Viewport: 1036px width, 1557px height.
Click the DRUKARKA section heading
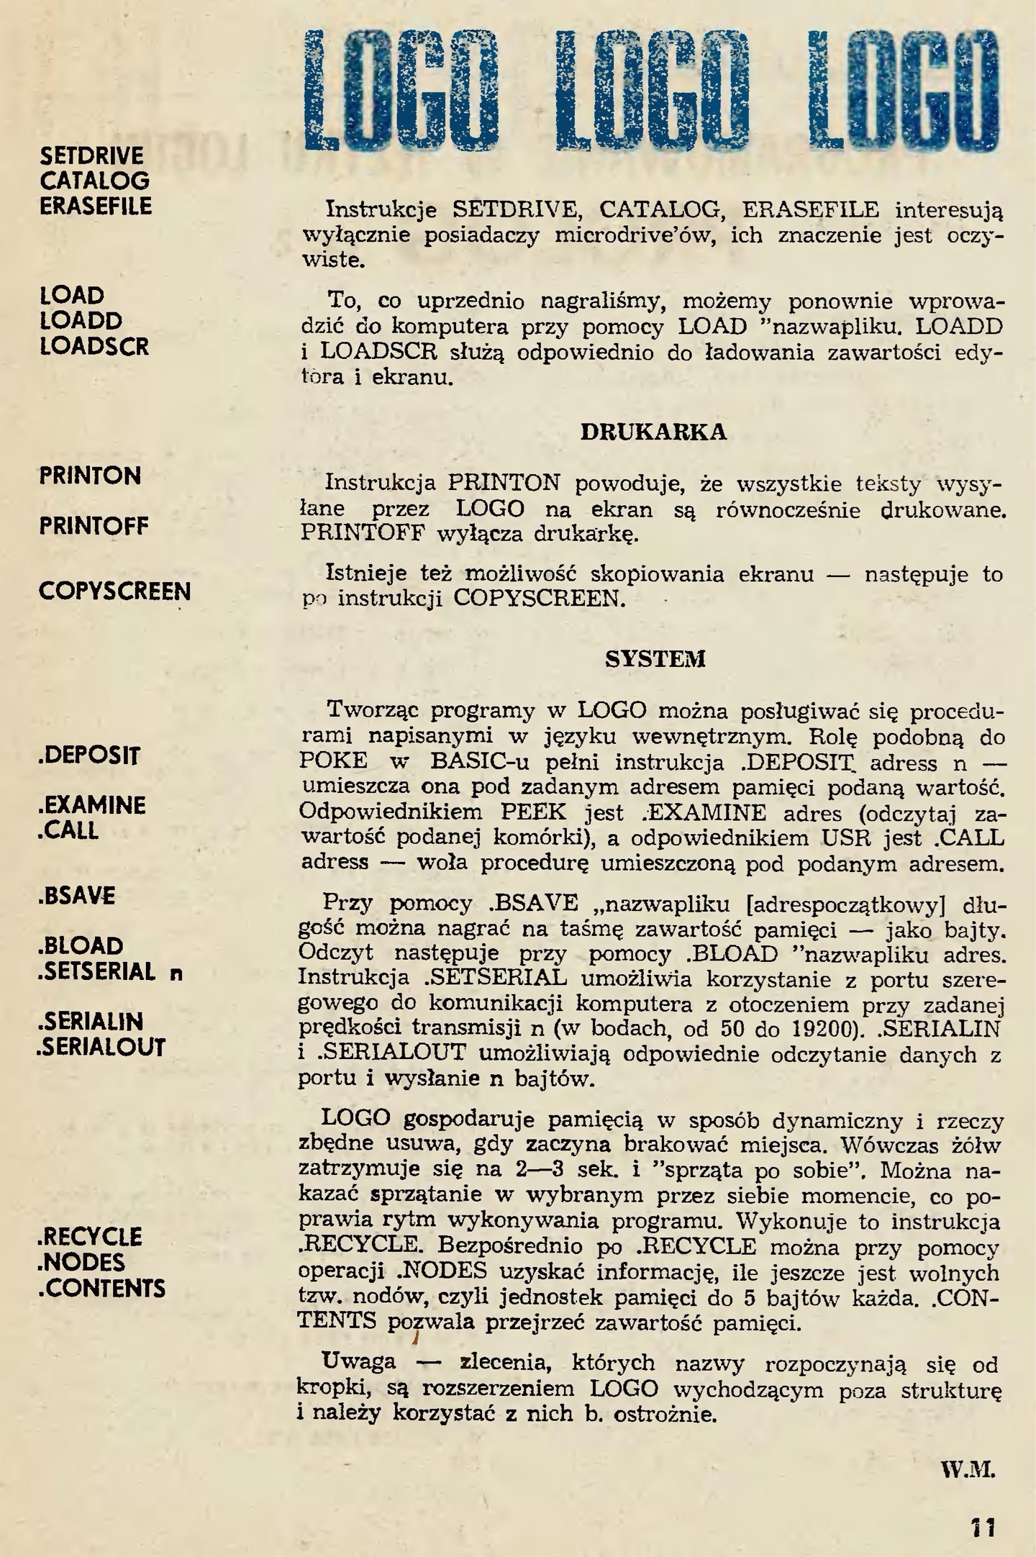point(653,432)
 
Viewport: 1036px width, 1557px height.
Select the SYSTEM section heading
point(655,659)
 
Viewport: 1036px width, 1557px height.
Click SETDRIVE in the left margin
point(91,156)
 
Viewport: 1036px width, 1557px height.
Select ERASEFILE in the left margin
point(96,206)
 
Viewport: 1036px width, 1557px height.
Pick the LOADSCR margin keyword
point(94,346)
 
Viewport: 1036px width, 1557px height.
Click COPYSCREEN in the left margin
point(114,591)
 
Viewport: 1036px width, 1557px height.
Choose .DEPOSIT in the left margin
point(89,755)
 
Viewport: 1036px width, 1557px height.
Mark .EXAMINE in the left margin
point(91,805)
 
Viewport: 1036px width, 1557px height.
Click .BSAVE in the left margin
point(76,896)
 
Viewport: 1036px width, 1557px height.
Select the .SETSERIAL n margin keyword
point(109,972)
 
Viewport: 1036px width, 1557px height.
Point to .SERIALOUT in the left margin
point(101,1047)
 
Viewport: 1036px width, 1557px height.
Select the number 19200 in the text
point(832,1030)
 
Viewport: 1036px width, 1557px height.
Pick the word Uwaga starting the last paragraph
point(359,1362)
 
